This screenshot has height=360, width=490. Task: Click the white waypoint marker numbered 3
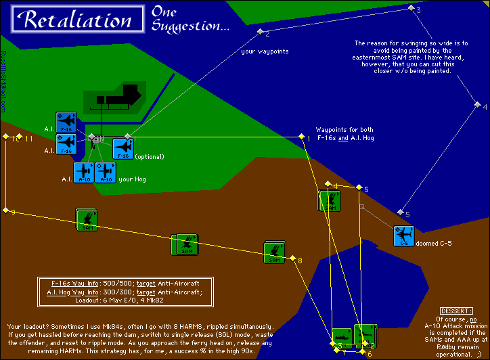pos(410,7)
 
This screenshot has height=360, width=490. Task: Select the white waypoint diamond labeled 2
pos(259,31)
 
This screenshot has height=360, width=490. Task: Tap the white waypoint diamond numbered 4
pos(476,105)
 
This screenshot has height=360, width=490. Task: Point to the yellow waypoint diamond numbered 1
pos(301,137)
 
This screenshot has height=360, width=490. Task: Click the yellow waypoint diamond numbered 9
pos(5,210)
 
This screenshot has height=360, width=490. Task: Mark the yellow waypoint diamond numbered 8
pos(292,258)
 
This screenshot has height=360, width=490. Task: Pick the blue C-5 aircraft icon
pos(403,236)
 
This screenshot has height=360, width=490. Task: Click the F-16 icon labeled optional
pos(123,148)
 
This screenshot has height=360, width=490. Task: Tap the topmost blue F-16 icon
pos(66,122)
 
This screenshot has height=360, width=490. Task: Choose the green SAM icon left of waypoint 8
pos(274,252)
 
